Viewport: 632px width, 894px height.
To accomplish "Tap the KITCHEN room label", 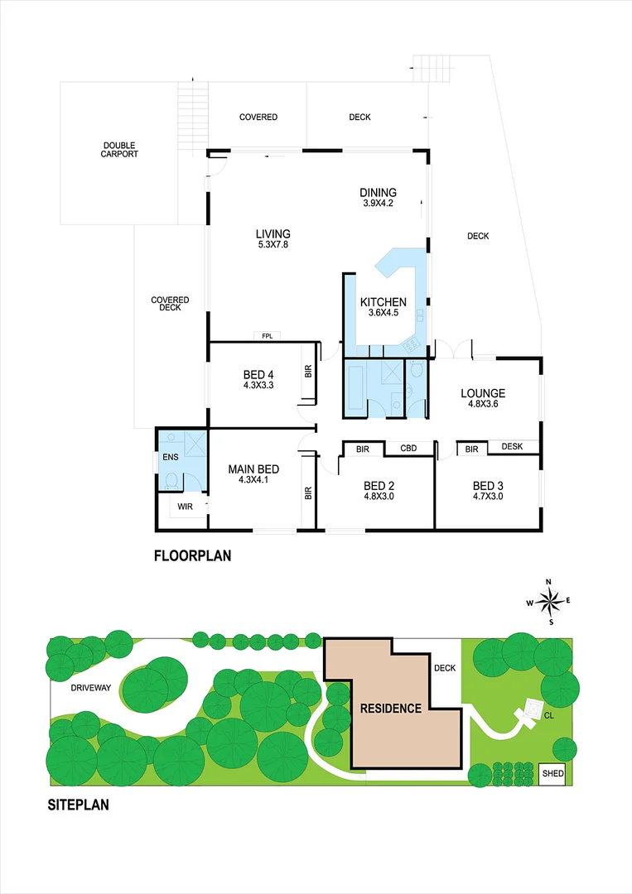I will coord(383,303).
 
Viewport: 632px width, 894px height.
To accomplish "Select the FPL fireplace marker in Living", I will coord(267,336).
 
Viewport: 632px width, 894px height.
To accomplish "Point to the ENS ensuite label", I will coord(170,456).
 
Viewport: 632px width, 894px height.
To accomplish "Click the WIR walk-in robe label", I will coord(185,505).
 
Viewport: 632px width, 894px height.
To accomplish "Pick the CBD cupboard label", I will coord(408,449).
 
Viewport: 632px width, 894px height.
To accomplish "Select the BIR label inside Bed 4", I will coord(308,372).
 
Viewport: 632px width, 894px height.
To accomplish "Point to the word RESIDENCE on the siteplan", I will coord(390,709).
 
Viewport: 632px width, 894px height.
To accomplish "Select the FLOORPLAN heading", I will coord(192,556).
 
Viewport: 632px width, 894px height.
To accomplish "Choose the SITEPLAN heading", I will coord(78,804).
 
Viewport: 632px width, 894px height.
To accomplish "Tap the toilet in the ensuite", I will coord(171,483).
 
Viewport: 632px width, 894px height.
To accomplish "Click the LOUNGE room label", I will coord(483,393).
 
